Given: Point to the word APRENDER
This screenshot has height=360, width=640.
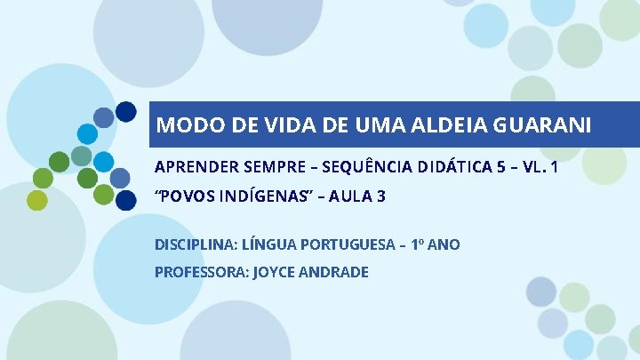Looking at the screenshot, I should coord(191,166).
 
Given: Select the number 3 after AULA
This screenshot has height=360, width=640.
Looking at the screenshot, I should coord(381,196).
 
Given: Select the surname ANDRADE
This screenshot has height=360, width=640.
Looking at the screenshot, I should coord(335,272).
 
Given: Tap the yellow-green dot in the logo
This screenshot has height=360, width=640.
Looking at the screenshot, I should coord(37,201).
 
